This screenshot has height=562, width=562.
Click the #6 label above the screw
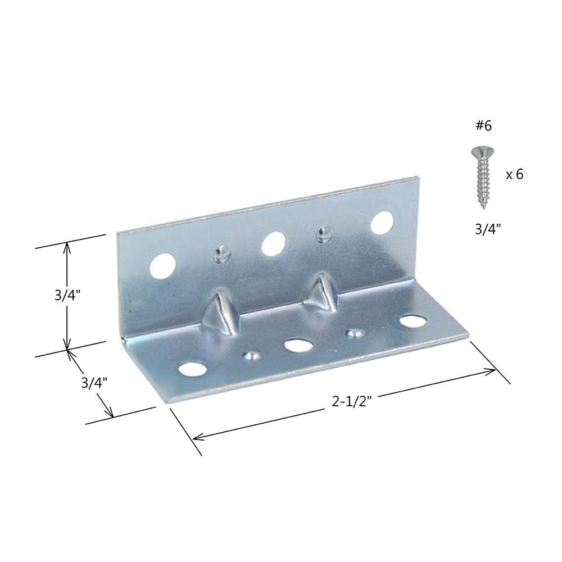point(483,126)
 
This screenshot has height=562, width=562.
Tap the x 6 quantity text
point(514,175)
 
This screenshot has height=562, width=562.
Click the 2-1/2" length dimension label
point(352,402)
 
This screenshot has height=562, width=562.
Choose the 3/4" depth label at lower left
point(94,383)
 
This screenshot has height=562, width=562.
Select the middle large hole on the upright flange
point(273,243)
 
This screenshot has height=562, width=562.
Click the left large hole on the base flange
point(192,369)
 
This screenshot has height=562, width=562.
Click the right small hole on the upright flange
point(324,234)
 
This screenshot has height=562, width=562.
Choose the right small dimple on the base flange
point(353,333)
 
